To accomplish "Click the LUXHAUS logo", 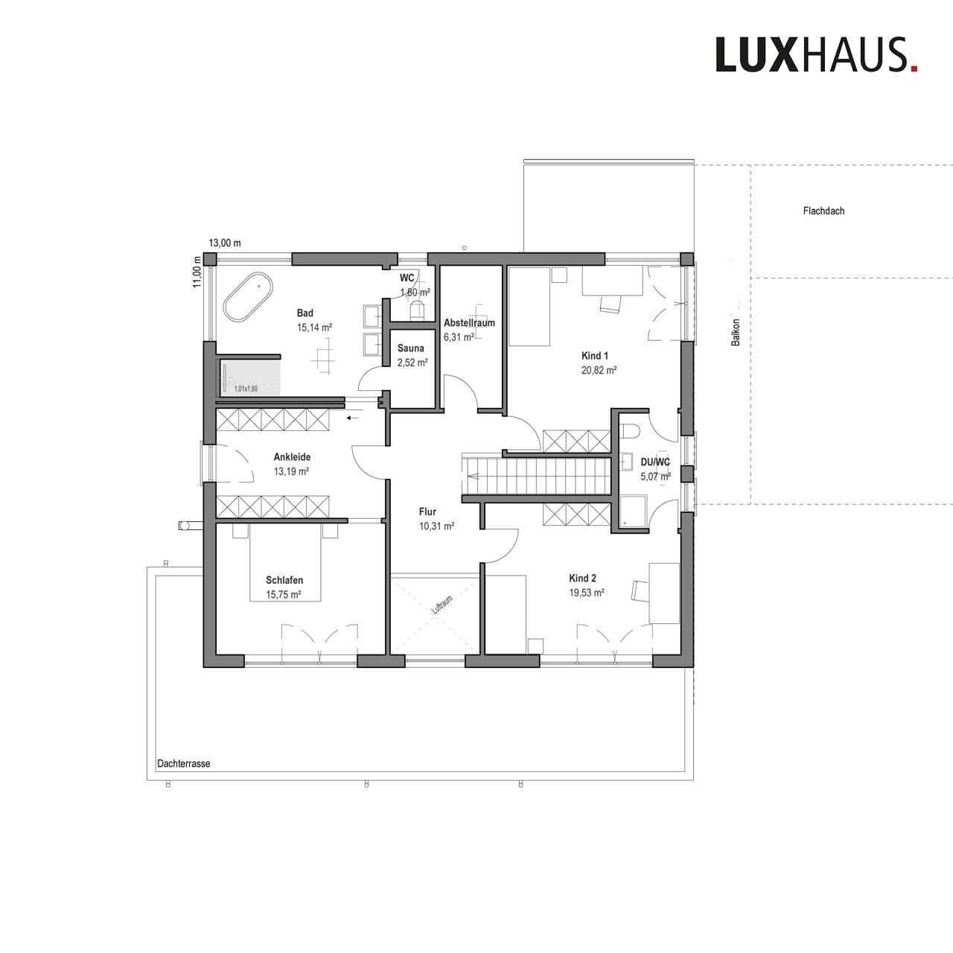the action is click(816, 55).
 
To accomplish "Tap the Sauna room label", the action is click(410, 348).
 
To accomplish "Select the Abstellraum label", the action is click(469, 323).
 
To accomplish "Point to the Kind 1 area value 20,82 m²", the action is click(599, 370).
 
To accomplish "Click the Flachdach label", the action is click(823, 211).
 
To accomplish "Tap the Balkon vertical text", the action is click(736, 332).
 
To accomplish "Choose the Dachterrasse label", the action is click(183, 764).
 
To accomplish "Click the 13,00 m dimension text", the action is click(225, 243).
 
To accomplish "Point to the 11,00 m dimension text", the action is click(198, 272).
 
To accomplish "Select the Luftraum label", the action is click(442, 605).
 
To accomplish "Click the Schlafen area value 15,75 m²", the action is click(284, 594).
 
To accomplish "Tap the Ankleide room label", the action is click(292, 457).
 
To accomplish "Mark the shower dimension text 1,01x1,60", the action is click(246, 389).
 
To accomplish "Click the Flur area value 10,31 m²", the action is click(437, 526).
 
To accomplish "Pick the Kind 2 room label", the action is click(582, 579).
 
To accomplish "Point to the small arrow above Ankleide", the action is click(352, 418).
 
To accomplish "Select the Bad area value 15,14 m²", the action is click(314, 328).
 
